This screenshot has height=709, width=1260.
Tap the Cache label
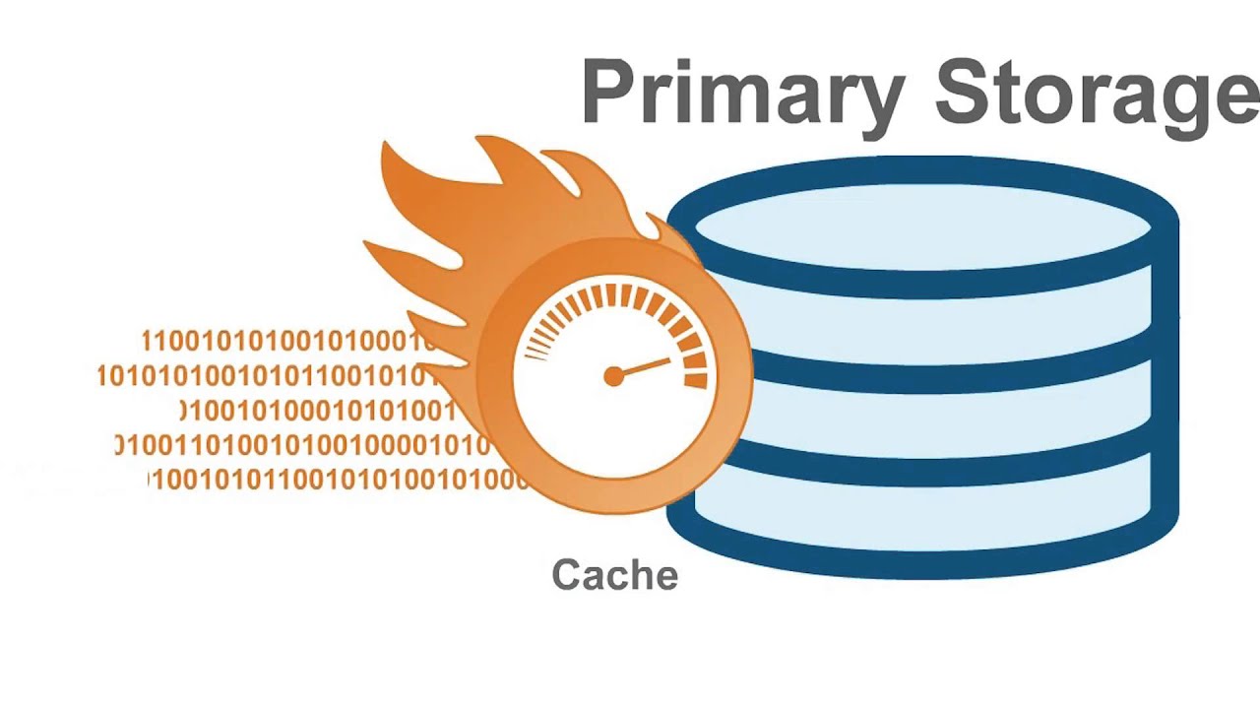tap(614, 574)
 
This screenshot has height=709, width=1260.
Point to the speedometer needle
tap(644, 368)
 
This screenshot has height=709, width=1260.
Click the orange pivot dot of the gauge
tap(613, 376)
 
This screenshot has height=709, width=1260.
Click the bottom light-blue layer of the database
tap(922, 512)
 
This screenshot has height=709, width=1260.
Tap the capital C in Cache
tap(565, 574)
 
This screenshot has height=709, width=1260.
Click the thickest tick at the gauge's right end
tap(695, 380)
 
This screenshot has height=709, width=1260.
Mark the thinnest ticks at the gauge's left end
tap(535, 349)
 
